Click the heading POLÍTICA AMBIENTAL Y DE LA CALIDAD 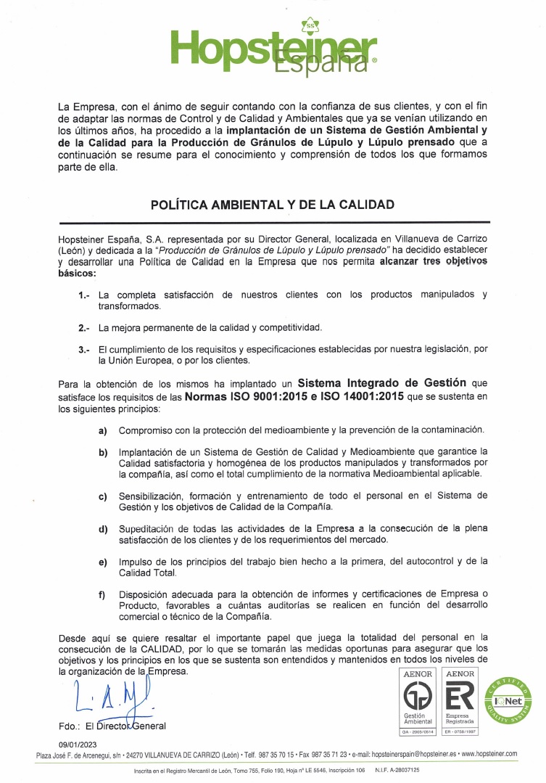coord(273,205)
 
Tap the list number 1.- coord(84,295)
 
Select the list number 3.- coord(84,350)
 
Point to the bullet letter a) coord(103,431)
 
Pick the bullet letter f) coord(103,595)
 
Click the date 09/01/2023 coord(77,745)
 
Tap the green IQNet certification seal coord(507,700)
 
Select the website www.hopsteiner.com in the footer coord(489,755)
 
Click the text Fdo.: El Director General coord(112,726)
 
